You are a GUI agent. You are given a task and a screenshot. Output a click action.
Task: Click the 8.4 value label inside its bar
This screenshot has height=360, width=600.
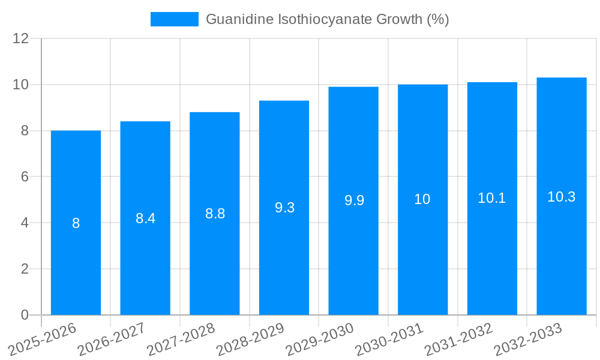145,218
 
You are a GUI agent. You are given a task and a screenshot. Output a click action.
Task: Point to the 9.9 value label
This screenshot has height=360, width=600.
354,200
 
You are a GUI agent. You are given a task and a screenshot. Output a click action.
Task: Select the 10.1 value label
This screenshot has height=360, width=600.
491,198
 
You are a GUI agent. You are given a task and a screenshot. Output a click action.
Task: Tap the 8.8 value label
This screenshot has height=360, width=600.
215,214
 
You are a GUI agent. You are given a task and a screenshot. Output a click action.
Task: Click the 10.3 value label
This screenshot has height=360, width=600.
562,197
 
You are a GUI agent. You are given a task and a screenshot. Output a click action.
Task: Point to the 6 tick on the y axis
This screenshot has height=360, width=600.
25,177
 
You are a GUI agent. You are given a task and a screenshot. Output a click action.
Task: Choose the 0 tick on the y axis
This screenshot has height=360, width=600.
25,315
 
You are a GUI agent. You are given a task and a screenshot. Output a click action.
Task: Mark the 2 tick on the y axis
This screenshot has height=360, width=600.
25,269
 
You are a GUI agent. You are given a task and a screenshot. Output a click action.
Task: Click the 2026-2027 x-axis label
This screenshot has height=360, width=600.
111,339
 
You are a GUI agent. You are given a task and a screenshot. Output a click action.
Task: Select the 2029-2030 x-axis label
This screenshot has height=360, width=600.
320,339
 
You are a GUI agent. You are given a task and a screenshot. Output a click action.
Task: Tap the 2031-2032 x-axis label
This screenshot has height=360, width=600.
459,339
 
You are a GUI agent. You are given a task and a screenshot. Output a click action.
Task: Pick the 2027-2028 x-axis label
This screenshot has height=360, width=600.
181,339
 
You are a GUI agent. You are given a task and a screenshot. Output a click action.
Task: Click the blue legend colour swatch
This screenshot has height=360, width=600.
174,19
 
